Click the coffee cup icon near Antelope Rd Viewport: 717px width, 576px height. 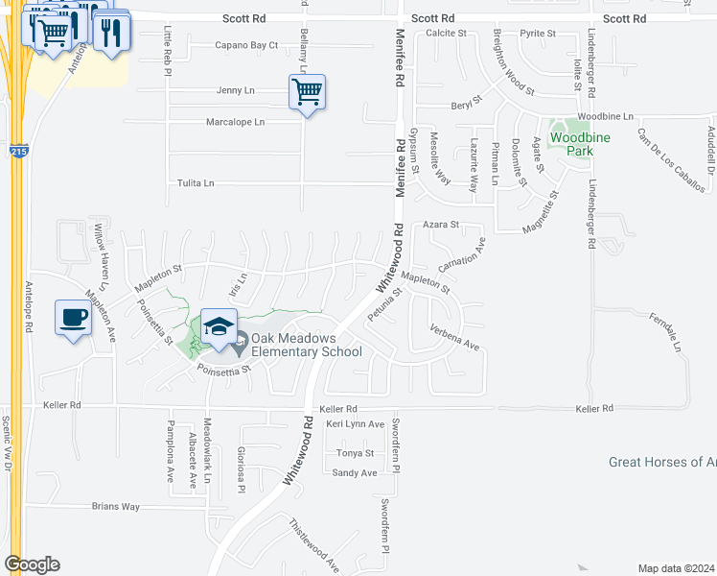(73, 317)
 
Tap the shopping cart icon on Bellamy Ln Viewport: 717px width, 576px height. (307, 93)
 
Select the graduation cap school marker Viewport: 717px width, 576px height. (219, 326)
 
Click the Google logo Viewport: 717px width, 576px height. (32, 564)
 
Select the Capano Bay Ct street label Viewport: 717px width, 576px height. (245, 45)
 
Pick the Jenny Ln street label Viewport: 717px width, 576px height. (235, 90)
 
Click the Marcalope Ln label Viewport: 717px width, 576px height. (235, 122)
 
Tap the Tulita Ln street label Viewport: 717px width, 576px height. (196, 182)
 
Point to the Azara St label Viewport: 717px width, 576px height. (442, 225)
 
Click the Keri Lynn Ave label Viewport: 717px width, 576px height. (355, 423)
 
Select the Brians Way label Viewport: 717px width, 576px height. (115, 506)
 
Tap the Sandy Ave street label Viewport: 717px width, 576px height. (355, 472)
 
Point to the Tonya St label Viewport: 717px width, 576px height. (355, 452)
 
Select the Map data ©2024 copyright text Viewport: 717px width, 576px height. (676, 568)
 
